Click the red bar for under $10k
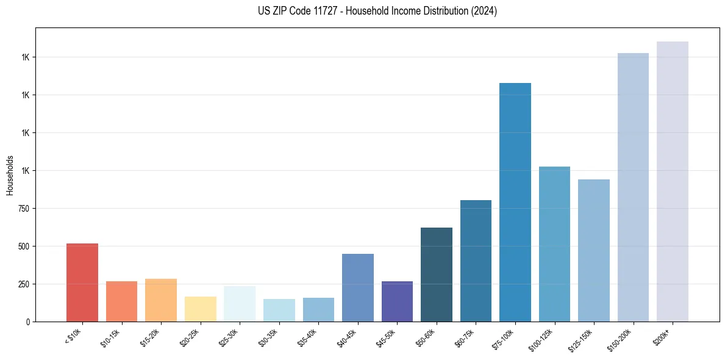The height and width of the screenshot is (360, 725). (82, 283)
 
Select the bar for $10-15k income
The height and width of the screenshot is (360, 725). (121, 301)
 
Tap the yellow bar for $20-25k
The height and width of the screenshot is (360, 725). (200, 309)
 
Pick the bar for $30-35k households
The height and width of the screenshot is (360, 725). (279, 311)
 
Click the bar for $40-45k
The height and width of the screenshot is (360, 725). (357, 288)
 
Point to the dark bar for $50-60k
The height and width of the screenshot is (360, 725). (436, 275)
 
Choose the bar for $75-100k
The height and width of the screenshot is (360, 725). (515, 203)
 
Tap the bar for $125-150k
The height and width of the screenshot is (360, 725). (593, 250)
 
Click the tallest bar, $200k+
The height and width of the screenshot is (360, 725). (672, 182)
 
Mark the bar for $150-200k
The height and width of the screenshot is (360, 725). (633, 187)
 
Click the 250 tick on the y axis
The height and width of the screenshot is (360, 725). (24, 284)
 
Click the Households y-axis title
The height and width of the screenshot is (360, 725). (10, 175)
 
